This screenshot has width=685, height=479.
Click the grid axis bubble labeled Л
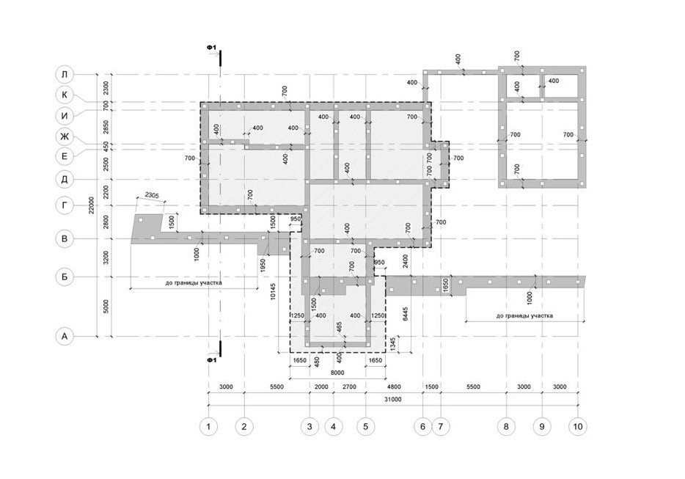click(x=65, y=74)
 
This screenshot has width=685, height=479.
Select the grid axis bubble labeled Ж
click(x=65, y=136)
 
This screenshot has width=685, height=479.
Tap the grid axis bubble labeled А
click(x=65, y=337)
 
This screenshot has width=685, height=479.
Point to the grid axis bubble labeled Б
click(x=65, y=277)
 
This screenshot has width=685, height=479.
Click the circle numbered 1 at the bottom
click(x=209, y=425)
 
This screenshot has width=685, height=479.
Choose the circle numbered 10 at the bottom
click(x=578, y=425)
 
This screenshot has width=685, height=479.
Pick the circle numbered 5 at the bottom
click(x=366, y=425)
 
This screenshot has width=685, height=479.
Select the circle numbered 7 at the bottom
click(x=441, y=425)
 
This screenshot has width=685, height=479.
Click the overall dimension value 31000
click(x=393, y=400)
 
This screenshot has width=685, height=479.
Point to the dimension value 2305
click(x=152, y=196)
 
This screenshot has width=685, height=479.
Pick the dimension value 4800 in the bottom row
click(x=395, y=387)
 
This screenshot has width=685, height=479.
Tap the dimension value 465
click(x=340, y=326)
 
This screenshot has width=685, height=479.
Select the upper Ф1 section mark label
click(x=210, y=49)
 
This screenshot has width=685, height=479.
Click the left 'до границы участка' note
click(x=194, y=282)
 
